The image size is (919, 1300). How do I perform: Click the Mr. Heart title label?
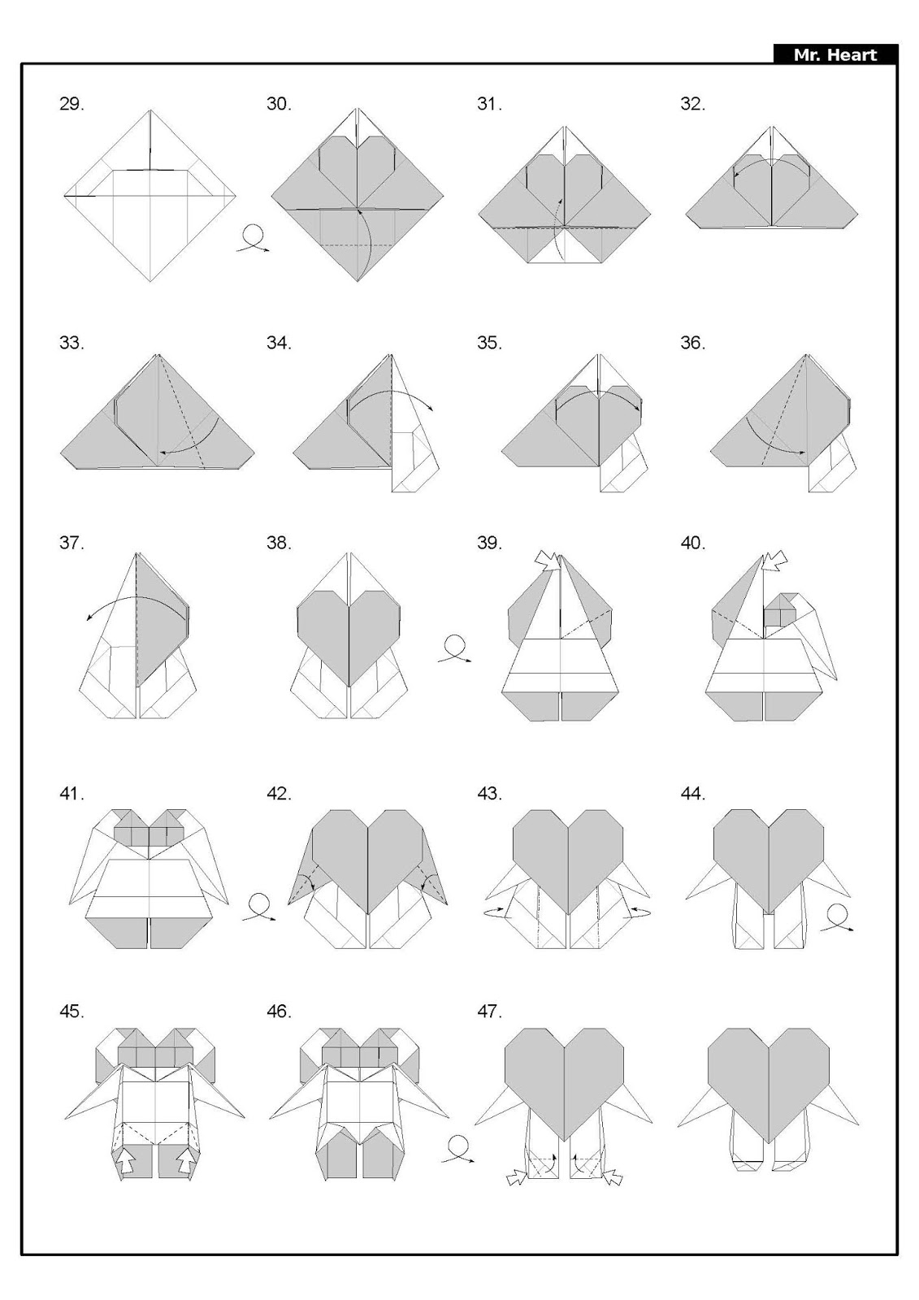click(835, 55)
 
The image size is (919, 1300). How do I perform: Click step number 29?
click(72, 104)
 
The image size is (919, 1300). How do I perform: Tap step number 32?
click(692, 104)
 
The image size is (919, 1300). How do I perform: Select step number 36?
click(692, 343)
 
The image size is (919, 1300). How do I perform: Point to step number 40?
click(692, 543)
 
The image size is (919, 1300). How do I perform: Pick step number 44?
click(692, 793)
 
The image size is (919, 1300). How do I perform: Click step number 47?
click(489, 1012)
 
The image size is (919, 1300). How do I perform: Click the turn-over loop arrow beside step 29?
click(253, 239)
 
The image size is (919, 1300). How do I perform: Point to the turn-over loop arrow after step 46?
click(458, 1150)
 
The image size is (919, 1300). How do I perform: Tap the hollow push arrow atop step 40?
click(776, 559)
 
